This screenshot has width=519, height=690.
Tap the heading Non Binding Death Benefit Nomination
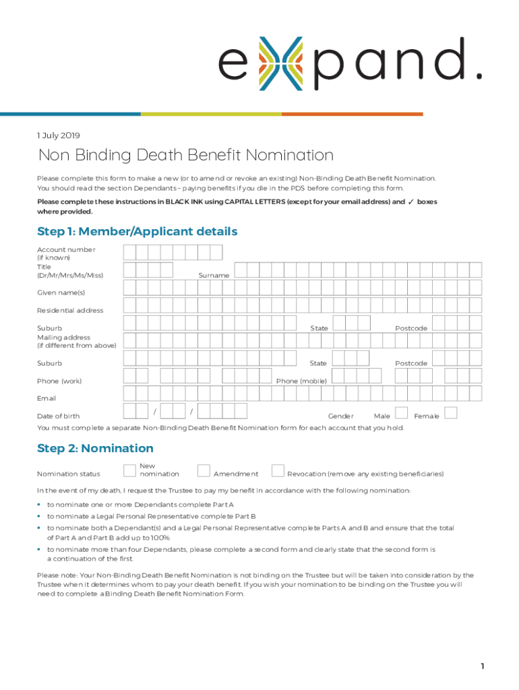pyautogui.click(x=186, y=156)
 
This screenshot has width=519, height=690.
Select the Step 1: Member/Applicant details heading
pyautogui.click(x=138, y=232)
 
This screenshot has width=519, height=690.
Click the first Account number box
pyautogui.click(x=129, y=253)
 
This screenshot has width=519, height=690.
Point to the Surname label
pyautogui.click(x=214, y=276)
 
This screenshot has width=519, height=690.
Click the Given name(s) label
pyautogui.click(x=61, y=293)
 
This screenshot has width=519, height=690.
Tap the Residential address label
pyautogui.click(x=70, y=311)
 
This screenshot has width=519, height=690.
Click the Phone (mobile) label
pyautogui.click(x=301, y=381)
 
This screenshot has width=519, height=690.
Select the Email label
pyautogui.click(x=47, y=399)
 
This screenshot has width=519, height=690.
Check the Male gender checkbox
pyautogui.click(x=401, y=412)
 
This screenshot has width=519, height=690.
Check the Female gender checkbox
pyautogui.click(x=452, y=412)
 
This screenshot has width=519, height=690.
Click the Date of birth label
pyautogui.click(x=58, y=416)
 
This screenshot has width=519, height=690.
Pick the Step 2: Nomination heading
pyautogui.click(x=95, y=449)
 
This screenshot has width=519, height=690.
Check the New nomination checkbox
pyautogui.click(x=130, y=470)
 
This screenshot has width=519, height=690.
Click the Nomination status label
pyautogui.click(x=68, y=474)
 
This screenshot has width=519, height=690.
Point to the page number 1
pyautogui.click(x=483, y=666)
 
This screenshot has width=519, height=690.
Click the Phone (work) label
pyautogui.click(x=59, y=381)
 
